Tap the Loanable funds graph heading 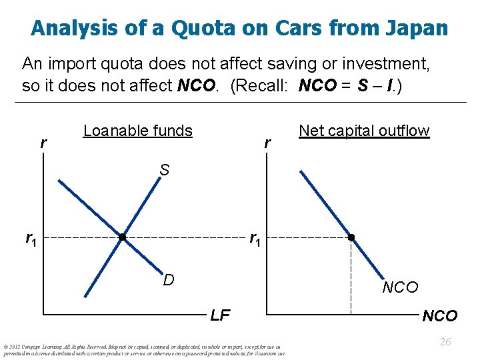tap(138, 131)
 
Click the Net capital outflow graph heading tap(364, 131)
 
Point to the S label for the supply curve tap(165, 170)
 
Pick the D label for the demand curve tap(169, 280)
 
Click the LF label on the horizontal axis tap(220, 315)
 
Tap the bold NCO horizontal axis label tap(440, 315)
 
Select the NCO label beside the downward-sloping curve tap(400, 287)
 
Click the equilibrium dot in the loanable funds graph tap(122, 237)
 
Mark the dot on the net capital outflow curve tap(351, 237)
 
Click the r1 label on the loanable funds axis tap(31, 238)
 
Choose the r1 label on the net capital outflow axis tap(255, 238)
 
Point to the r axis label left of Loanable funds tap(43, 143)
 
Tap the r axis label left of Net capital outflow tap(267, 143)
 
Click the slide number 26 tap(445, 341)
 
